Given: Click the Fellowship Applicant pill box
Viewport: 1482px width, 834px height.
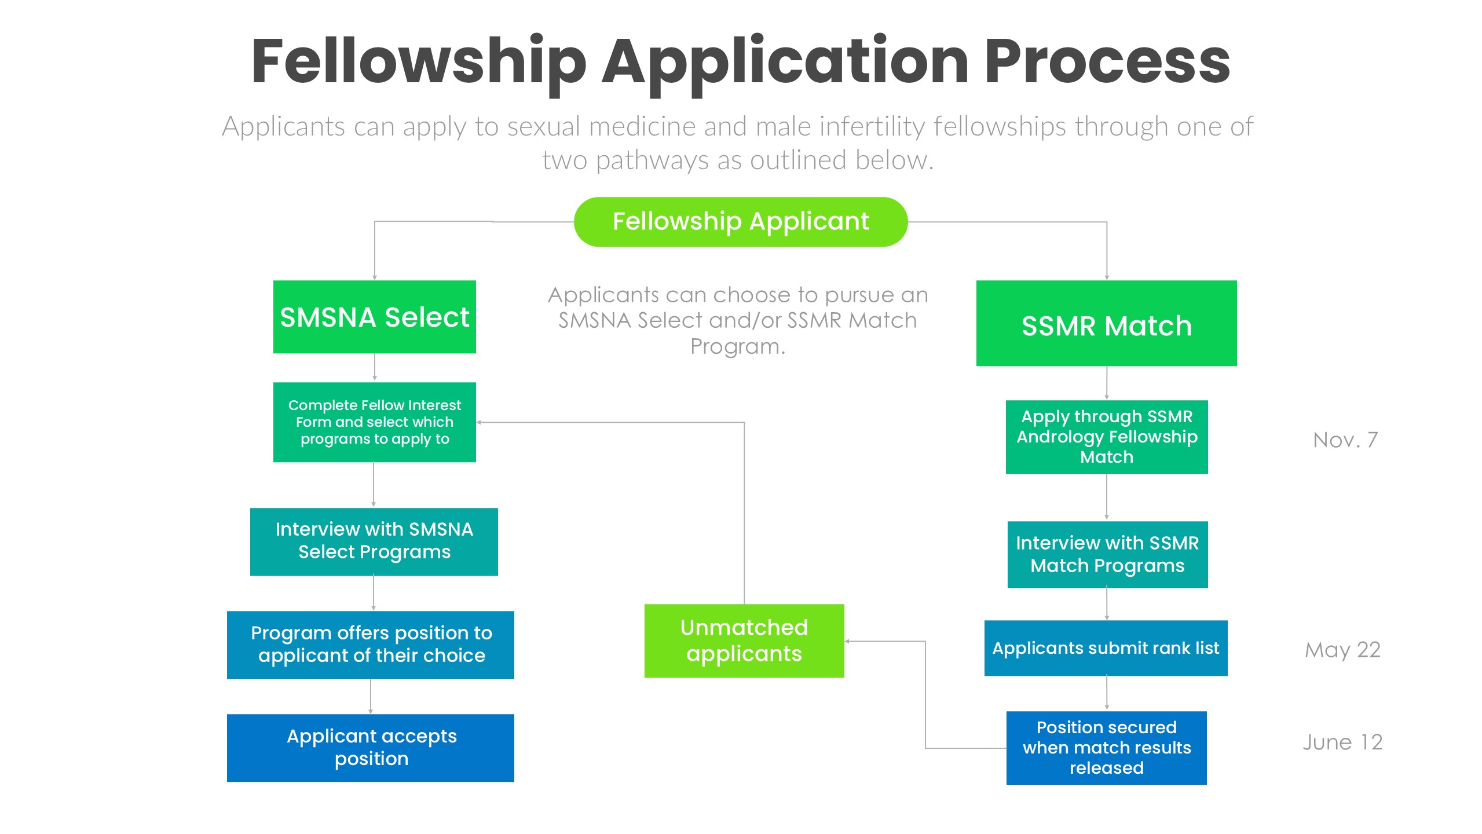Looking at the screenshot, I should coord(740,222).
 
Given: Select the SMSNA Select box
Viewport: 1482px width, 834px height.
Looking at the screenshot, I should coord(374,317).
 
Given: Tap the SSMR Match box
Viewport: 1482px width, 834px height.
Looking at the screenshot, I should coord(1106,323).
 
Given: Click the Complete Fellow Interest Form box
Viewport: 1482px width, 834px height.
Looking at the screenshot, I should coord(374,422).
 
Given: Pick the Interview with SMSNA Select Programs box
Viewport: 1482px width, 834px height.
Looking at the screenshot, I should coord(374,541).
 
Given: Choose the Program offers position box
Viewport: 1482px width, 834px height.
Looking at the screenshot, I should coord(370,644).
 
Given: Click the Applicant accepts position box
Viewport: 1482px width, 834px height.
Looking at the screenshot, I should coord(370,747).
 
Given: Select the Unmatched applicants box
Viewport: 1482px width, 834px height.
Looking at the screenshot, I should coord(744,640).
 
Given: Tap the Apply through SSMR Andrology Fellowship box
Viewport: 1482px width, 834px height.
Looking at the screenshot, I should coord(1106,437).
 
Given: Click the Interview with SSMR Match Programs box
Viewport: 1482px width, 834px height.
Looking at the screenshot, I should coord(1107,554).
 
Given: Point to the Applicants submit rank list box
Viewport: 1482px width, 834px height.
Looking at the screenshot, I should coord(1106,648).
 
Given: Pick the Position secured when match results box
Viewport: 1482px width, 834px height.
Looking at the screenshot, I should coord(1106,747).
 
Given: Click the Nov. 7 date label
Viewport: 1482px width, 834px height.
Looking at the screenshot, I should coord(1345,440).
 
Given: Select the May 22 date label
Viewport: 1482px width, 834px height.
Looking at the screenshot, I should coord(1342,650).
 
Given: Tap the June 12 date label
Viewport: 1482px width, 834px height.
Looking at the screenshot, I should coord(1342,742).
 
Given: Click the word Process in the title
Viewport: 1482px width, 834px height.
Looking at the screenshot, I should coord(1107,61).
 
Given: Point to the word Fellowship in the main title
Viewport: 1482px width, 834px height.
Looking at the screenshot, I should coord(419,61).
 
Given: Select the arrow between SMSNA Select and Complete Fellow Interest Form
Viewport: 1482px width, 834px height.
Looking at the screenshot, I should coord(375,367).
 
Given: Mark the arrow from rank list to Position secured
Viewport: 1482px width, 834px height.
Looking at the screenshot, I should coord(1107,693).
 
